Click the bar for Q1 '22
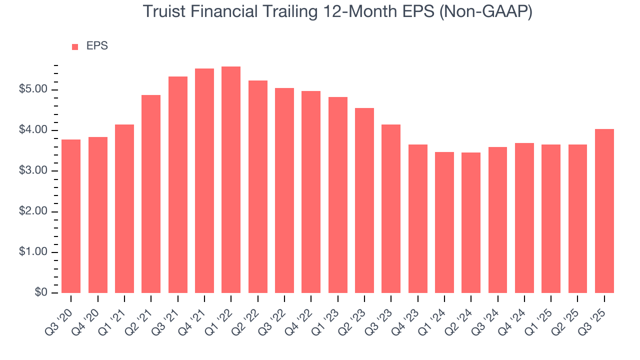pos(231,180)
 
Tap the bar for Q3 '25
pos(604,211)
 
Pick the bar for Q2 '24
pos(471,222)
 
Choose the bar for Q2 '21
pos(151,194)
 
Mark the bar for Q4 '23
pos(418,218)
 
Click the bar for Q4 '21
pos(204,180)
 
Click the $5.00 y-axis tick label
pos(34,90)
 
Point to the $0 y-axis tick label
pos(41,293)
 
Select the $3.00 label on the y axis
pos(34,171)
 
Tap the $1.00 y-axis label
pos(34,252)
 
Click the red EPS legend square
pos(75,46)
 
